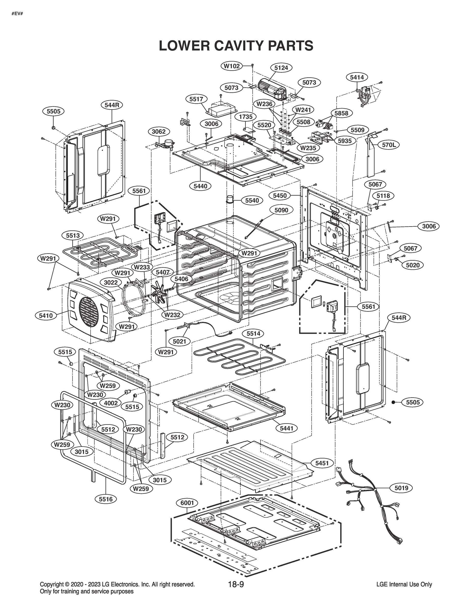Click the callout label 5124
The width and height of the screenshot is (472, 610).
[281, 68]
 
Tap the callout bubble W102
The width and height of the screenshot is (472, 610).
[232, 66]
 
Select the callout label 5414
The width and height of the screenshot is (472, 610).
[357, 77]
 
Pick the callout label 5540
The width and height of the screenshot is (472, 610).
[252, 200]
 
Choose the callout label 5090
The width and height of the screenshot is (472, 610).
[281, 210]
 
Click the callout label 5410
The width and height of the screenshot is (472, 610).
[46, 316]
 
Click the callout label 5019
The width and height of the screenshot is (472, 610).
[401, 488]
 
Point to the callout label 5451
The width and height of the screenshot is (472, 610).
[322, 463]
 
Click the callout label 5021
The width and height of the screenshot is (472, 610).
[179, 341]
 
